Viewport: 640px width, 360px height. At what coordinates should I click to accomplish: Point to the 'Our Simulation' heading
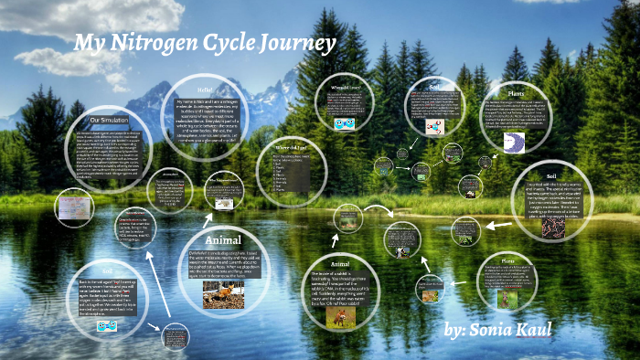[108, 120]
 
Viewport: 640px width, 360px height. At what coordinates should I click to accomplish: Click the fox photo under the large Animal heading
[220, 292]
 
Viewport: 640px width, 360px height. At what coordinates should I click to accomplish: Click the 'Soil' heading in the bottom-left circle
[108, 270]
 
